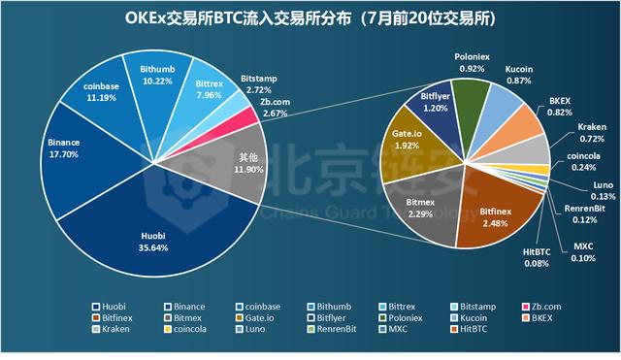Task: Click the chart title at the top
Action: click(310, 18)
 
